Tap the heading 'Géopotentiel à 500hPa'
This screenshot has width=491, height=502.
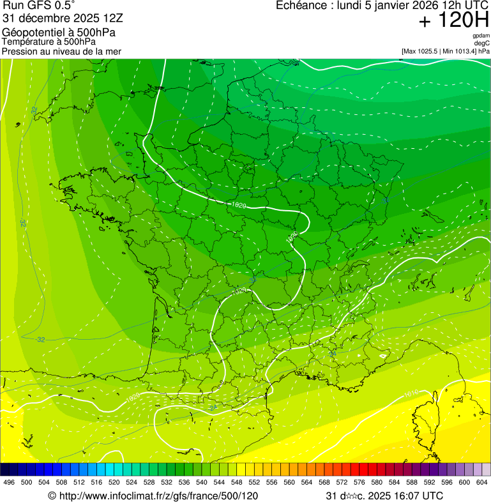59,33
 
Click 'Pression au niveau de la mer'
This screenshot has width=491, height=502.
61,51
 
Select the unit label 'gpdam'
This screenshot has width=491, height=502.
481,36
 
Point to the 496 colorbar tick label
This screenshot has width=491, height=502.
9,483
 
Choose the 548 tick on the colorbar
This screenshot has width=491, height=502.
236,483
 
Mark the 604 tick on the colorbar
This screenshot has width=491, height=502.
481,483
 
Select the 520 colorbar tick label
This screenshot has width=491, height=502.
114,483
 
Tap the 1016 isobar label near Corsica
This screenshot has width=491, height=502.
412,392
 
